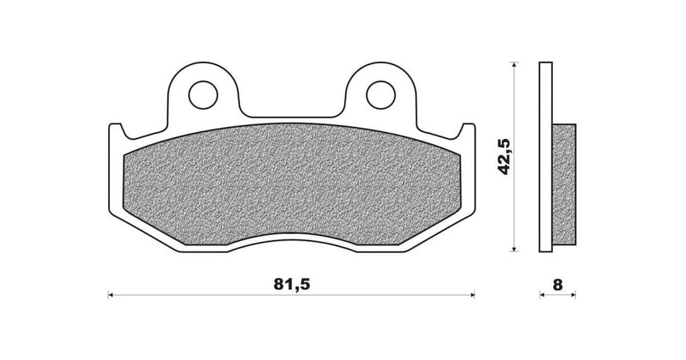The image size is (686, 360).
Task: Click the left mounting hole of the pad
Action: (203, 94)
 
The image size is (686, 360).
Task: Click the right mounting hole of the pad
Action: (381, 95)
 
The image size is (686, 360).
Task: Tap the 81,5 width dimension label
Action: (292, 285)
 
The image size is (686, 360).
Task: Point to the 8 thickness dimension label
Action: (557, 285)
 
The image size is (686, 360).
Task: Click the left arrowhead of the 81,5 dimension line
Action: (111, 295)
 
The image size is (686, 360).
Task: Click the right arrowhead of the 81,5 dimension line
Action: (472, 295)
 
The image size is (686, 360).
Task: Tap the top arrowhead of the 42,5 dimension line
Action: (515, 65)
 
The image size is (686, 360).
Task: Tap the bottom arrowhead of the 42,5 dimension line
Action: (515, 248)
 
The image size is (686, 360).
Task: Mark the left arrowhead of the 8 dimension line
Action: (542, 295)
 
